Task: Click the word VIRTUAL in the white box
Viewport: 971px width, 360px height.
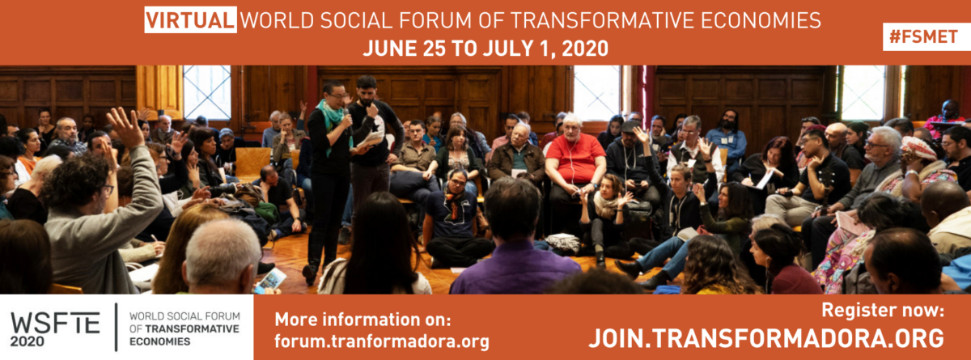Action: (x=190, y=20)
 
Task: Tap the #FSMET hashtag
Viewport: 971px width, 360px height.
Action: (x=923, y=37)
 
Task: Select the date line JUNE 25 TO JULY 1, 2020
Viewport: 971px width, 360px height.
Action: (x=485, y=48)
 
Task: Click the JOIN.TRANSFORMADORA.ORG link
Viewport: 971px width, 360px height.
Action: (x=766, y=338)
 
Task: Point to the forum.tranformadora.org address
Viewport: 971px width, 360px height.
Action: (x=382, y=341)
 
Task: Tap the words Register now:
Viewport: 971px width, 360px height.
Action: (x=883, y=310)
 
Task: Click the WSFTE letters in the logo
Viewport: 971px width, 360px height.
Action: (x=55, y=323)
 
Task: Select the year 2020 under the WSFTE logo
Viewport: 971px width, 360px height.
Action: (x=28, y=341)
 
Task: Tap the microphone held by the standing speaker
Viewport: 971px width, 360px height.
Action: (x=347, y=117)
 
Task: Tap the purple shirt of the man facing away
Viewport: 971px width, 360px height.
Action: (x=515, y=269)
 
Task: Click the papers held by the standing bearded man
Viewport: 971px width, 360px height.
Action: (x=371, y=139)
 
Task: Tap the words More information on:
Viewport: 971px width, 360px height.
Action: (x=363, y=320)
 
